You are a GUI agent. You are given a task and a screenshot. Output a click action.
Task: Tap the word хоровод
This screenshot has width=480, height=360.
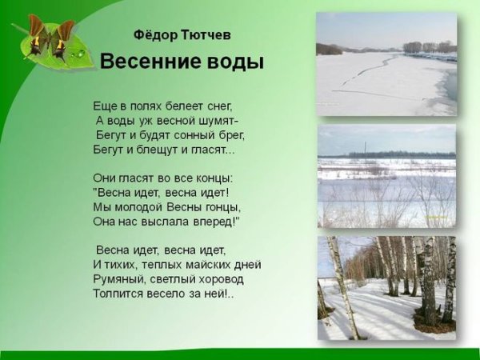[218, 279]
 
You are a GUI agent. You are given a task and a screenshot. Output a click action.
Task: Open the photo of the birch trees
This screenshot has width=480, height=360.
[386, 289]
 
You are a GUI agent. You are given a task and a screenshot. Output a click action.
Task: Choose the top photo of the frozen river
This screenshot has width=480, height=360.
[386, 64]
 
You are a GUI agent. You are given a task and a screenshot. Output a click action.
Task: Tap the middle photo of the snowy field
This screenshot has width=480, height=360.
[386, 176]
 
